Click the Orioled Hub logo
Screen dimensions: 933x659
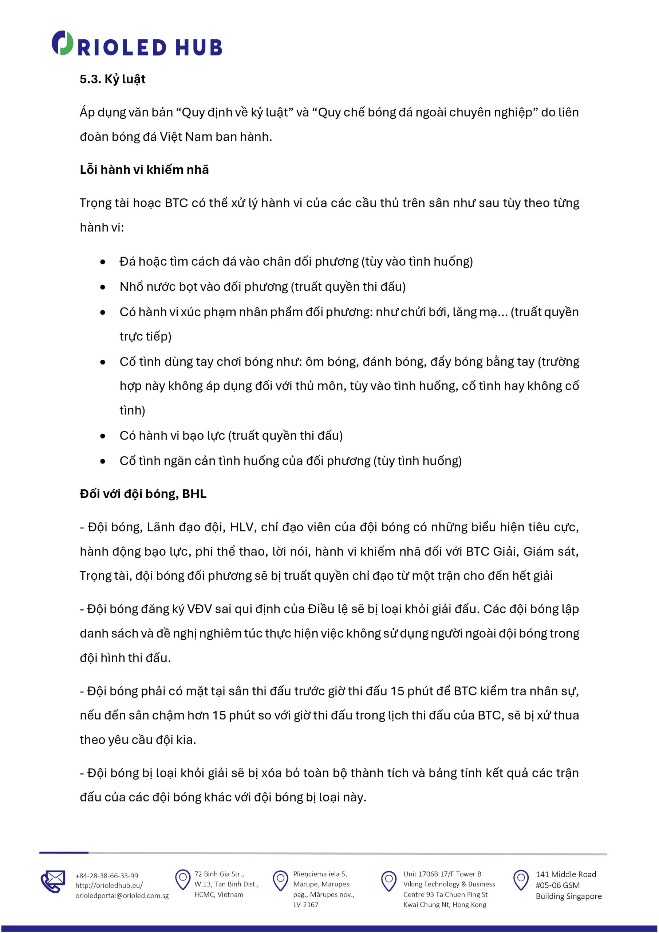point(137,44)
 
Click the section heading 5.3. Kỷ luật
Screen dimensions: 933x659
point(113,79)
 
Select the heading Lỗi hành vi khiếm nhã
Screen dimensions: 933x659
point(144,169)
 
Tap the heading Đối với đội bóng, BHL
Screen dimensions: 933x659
point(143,494)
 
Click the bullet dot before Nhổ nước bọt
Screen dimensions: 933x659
point(103,287)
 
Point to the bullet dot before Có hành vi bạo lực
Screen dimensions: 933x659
point(103,436)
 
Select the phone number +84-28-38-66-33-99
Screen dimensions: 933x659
point(107,876)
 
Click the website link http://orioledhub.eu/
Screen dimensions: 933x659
point(109,886)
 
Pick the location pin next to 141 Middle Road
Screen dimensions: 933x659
point(521,880)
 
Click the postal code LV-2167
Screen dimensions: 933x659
point(306,905)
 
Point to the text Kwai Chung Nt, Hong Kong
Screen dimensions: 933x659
point(445,905)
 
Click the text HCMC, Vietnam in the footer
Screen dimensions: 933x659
point(218,894)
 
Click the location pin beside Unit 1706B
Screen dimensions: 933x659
point(388,881)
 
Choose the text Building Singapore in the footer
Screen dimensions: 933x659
point(568,896)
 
